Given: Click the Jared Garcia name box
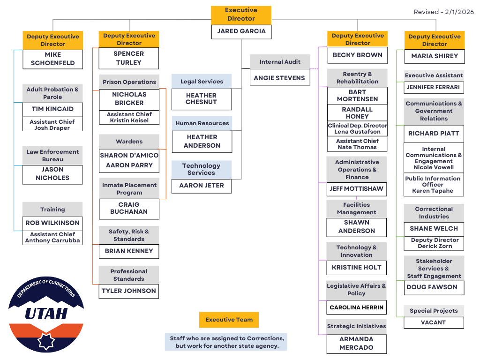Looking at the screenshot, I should [241, 31].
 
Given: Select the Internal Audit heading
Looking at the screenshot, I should [280, 62].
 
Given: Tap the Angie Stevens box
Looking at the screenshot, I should [279, 78].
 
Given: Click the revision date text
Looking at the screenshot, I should [443, 12].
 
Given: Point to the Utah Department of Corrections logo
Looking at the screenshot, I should [46, 314].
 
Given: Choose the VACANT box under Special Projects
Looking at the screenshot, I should [434, 322].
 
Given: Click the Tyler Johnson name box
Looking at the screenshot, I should [129, 291].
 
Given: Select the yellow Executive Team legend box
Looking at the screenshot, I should [229, 320].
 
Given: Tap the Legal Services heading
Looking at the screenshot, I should [202, 82].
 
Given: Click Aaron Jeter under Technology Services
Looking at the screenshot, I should [202, 186].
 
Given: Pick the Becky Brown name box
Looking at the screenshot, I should [357, 55].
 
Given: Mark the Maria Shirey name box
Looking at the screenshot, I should [434, 56].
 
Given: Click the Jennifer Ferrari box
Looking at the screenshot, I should [434, 87].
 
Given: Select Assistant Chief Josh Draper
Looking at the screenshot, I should [52, 125].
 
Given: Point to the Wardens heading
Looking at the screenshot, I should [129, 142].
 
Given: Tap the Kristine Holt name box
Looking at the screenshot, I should [356, 268].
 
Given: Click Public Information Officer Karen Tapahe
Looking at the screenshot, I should [434, 185].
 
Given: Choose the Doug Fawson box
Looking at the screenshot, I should [434, 287].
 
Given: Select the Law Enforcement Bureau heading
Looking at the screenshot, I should [52, 156].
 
